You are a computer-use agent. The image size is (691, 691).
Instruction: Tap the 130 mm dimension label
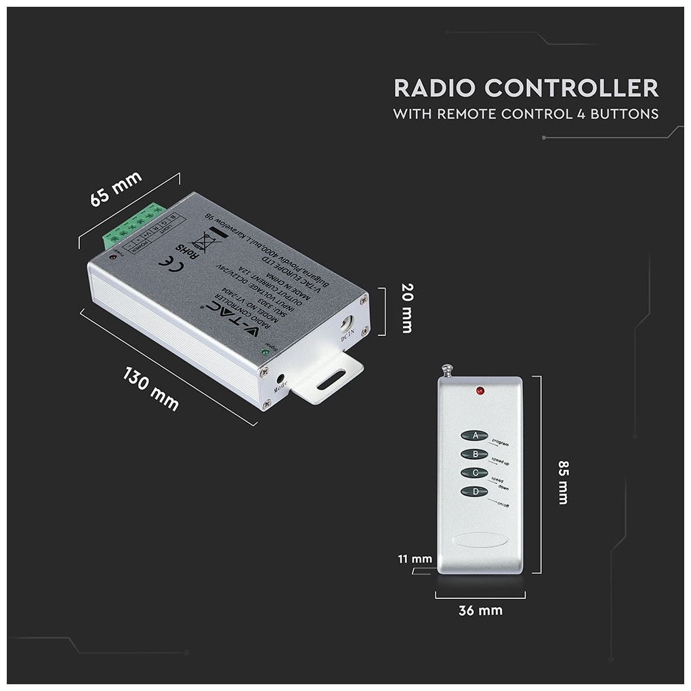point(151,388)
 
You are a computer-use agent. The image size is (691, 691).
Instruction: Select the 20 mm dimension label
point(406,308)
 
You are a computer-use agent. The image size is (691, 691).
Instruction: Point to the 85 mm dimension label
point(562,482)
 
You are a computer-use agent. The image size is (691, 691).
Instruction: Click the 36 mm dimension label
point(480,611)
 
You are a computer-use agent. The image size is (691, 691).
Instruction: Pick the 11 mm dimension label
point(414,559)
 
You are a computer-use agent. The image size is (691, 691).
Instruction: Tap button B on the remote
point(475,454)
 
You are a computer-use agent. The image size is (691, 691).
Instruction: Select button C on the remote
point(475,473)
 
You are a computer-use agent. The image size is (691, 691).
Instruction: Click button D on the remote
point(475,491)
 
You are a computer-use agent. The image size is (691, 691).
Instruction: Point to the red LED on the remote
point(479,392)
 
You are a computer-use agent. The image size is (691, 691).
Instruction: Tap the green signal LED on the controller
point(266,351)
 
